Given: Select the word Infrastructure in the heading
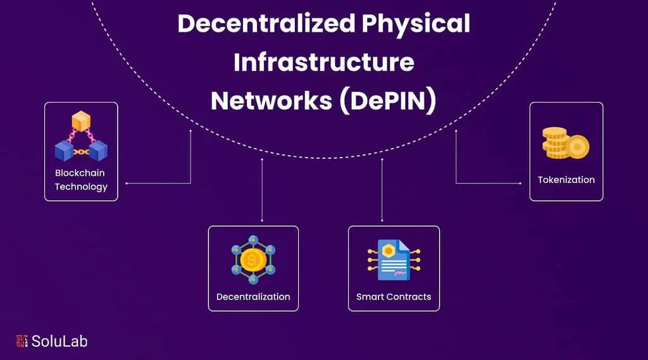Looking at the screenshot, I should pos(324,63).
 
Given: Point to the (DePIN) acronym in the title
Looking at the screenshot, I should pos(387,101).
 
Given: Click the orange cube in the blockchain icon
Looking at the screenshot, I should pos(81,120).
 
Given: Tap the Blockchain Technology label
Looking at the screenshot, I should pos(81,180).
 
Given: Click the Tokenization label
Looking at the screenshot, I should pos(566,180).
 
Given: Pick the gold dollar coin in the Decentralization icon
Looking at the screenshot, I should pos(253,259).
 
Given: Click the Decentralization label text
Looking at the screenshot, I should pos(253,297).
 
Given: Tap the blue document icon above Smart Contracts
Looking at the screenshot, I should pos(393,260).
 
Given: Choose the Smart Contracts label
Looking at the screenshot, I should pos(394,297).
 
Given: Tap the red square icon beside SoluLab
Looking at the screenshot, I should pos(22,341).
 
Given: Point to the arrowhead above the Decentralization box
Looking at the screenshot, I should pos(262,220).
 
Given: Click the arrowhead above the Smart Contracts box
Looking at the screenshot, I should pos(382,220).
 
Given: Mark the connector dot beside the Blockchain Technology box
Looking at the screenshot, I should pos(127,183).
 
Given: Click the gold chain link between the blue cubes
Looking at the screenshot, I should pos(81,152).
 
